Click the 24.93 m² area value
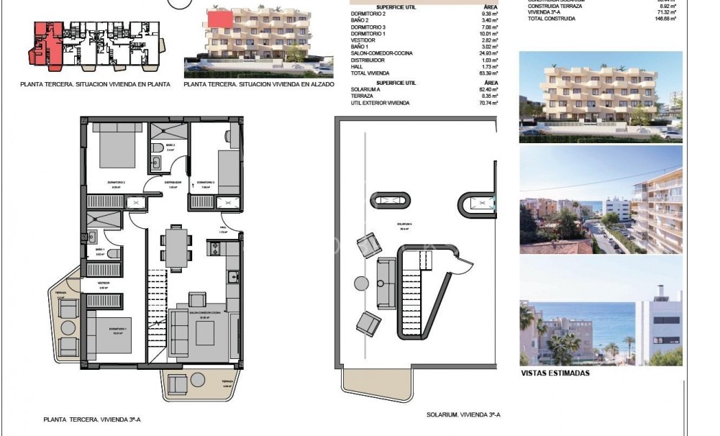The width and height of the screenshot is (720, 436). click(x=489, y=53)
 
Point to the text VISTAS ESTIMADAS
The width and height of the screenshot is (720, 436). click(x=555, y=373)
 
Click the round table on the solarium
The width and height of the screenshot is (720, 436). click(x=361, y=283)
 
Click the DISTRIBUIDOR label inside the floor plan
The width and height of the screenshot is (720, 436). click(x=172, y=182)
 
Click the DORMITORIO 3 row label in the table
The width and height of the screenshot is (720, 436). click(x=368, y=27)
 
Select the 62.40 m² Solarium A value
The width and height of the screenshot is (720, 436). click(x=489, y=90)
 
